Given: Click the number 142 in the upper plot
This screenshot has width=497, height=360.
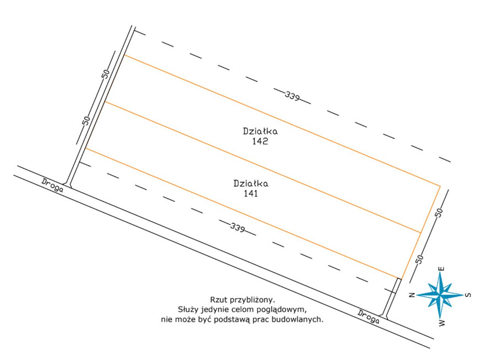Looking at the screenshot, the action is [260, 141].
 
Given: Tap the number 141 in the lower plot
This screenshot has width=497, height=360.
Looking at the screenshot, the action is [251, 194].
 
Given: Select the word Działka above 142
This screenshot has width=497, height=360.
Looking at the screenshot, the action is [260, 131].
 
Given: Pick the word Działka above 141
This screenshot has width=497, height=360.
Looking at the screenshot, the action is [251, 184].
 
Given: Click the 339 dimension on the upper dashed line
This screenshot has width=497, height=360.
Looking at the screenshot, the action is [292, 96].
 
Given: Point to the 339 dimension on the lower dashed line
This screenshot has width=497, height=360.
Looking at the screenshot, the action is [237, 227].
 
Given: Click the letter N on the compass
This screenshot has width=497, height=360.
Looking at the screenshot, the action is [412, 295].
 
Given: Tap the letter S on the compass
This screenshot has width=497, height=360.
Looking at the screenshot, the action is [468, 295].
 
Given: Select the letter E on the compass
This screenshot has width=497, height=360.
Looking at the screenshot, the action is [442, 269].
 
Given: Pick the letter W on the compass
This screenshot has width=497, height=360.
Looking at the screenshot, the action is [442, 323].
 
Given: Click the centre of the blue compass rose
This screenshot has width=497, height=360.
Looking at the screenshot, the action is [440, 295].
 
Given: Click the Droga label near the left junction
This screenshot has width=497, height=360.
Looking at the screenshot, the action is [52, 185].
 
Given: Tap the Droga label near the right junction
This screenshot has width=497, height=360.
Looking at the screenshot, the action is [368, 317].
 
